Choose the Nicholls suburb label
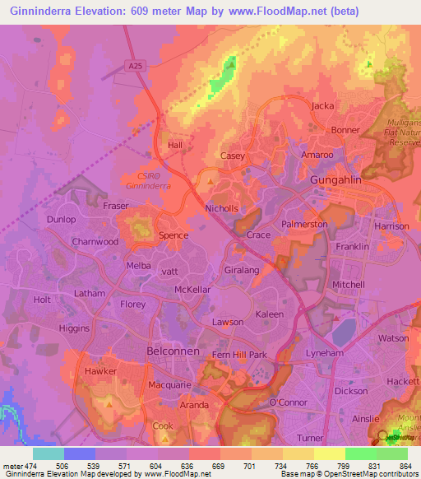(x=222, y=209)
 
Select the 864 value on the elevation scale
(x=405, y=465)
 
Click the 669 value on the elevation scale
(x=217, y=465)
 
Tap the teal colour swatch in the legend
(x=49, y=453)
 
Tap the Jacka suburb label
(x=323, y=106)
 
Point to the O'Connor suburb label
(x=288, y=402)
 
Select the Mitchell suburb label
(x=348, y=285)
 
